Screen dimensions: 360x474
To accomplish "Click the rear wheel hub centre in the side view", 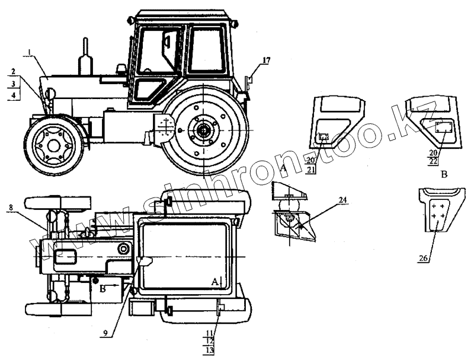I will pos(203,129).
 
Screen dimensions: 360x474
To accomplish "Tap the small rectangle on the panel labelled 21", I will pos(324,138).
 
